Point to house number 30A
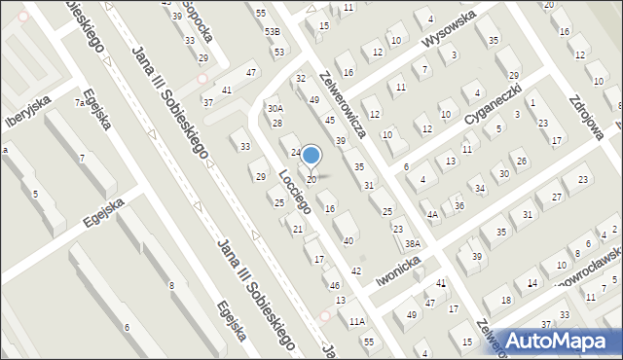(x=275, y=109)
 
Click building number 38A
(x=413, y=243)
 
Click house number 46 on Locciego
(x=335, y=285)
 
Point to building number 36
(x=459, y=205)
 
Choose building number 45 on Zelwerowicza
(x=330, y=120)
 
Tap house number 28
(x=277, y=123)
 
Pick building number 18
(x=505, y=300)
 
